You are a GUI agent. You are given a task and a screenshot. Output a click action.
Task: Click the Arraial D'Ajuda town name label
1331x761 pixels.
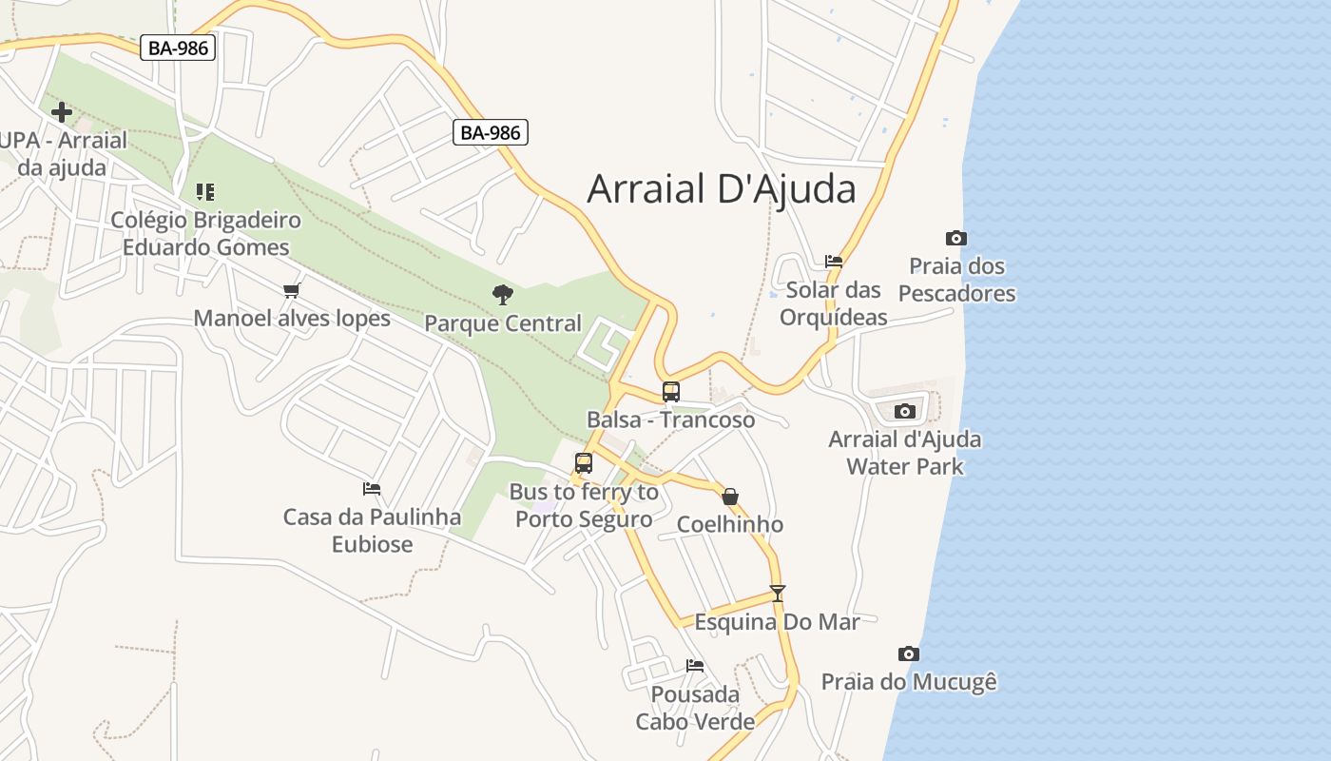[722, 189]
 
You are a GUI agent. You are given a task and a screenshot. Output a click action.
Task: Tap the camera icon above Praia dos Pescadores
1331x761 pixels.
[956, 238]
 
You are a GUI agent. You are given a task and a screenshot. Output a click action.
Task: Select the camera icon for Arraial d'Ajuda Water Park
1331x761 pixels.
[905, 411]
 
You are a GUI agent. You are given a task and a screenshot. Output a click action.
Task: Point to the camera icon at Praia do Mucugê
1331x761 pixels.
[909, 654]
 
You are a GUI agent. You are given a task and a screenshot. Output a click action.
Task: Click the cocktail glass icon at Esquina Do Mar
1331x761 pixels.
[778, 594]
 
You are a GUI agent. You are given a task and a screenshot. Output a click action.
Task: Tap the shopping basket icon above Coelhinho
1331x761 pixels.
[730, 497]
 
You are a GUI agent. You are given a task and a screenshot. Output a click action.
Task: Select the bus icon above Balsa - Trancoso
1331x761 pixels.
[671, 392]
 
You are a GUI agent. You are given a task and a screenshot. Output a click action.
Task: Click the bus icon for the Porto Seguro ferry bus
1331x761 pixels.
[584, 463]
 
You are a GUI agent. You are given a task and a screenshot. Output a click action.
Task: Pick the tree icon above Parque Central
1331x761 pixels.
[503, 295]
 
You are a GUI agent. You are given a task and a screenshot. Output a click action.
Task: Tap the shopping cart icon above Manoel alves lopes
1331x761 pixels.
[292, 290]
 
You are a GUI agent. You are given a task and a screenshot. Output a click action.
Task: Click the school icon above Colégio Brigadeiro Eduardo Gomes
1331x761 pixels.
[205, 192]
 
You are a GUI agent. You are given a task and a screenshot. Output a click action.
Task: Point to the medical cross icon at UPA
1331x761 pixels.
[62, 112]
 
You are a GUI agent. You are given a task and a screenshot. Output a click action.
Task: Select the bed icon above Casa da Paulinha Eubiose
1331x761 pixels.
[372, 489]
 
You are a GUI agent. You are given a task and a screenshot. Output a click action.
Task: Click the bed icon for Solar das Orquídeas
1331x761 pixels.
[834, 261]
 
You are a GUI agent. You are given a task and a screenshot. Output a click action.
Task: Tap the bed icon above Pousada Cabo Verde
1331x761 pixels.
[695, 665]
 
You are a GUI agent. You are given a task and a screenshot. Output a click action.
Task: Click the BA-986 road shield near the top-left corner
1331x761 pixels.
[178, 48]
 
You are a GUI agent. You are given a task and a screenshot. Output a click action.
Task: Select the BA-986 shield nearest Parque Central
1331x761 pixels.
[490, 132]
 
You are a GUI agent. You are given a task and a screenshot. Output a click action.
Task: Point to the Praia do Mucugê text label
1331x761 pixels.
[909, 682]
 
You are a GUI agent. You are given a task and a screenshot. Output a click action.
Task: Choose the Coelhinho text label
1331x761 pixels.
[730, 524]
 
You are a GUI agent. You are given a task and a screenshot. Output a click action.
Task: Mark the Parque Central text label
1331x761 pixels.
[503, 323]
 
